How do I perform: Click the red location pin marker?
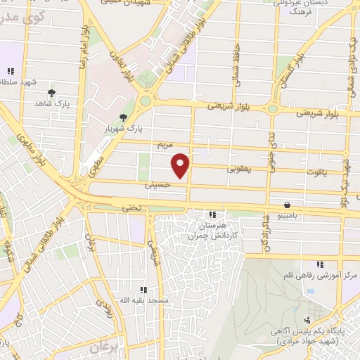click(x=181, y=165)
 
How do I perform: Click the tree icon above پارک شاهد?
click(x=51, y=93)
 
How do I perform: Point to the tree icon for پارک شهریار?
click(x=124, y=117)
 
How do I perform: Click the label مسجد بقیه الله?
click(x=144, y=300)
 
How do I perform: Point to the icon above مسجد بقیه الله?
click(x=143, y=289)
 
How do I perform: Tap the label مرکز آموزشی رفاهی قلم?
click(x=321, y=276)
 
